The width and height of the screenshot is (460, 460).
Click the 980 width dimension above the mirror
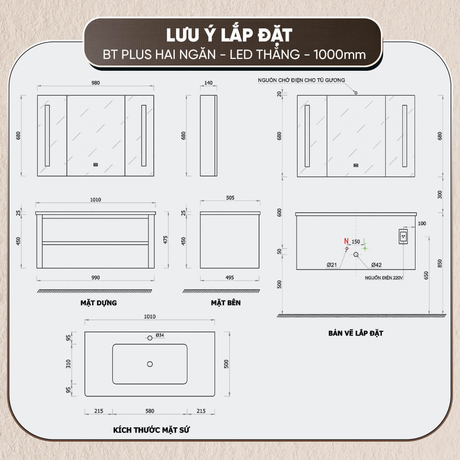point(96,83)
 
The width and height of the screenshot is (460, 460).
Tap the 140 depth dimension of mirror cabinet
point(208,83)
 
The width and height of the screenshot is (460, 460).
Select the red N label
point(346,241)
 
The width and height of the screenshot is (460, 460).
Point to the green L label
point(365,241)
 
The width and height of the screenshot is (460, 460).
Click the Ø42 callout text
point(377,265)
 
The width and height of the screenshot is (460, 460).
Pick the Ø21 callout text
point(332,265)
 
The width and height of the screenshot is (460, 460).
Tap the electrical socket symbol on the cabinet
point(403,236)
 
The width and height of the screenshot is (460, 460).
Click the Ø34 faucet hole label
point(160,335)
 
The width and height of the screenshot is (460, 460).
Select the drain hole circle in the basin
point(150,364)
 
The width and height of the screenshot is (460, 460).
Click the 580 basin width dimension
point(150,411)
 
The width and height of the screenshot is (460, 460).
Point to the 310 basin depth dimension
point(68,364)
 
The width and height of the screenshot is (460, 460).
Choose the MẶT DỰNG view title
point(99,303)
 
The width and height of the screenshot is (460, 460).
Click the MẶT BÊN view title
point(226,303)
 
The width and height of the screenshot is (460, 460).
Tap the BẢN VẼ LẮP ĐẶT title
point(356,333)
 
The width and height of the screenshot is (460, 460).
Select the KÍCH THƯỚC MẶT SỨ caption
point(152,430)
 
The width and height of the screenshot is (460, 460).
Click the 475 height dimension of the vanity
point(166,240)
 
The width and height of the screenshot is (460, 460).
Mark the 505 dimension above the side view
point(230,198)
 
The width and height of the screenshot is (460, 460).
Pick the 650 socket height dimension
point(426,275)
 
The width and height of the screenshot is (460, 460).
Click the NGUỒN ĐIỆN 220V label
point(384,277)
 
